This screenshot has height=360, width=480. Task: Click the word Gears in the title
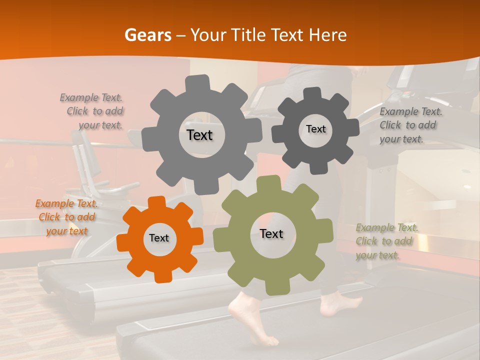(x=147, y=35)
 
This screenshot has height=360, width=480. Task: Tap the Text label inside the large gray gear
(x=199, y=135)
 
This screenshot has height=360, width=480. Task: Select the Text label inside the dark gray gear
(x=315, y=129)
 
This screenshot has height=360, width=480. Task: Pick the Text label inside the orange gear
(x=159, y=238)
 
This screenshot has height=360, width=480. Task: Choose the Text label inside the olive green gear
(x=271, y=233)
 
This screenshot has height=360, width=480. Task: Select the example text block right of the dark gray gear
(x=410, y=125)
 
